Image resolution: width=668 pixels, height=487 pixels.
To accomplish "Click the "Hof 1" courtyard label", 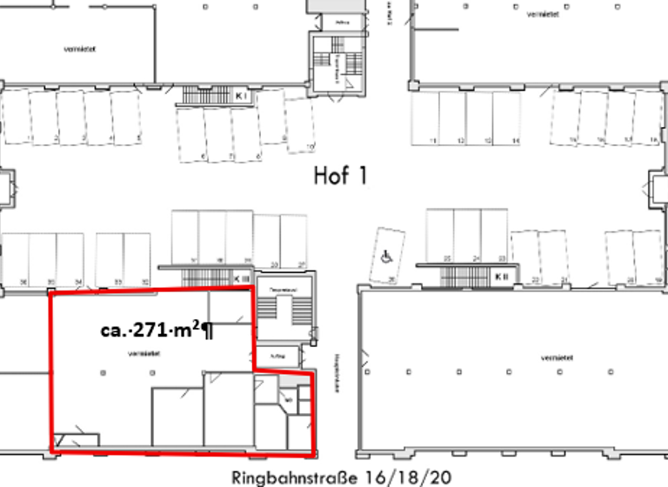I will (x=340, y=177).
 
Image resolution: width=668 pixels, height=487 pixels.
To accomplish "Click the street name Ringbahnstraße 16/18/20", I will (x=343, y=477).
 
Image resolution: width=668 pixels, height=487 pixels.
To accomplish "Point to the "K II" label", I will (x=502, y=277).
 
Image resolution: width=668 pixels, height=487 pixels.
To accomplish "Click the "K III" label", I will (x=242, y=277).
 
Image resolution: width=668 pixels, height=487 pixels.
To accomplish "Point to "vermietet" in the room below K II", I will (x=554, y=357).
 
